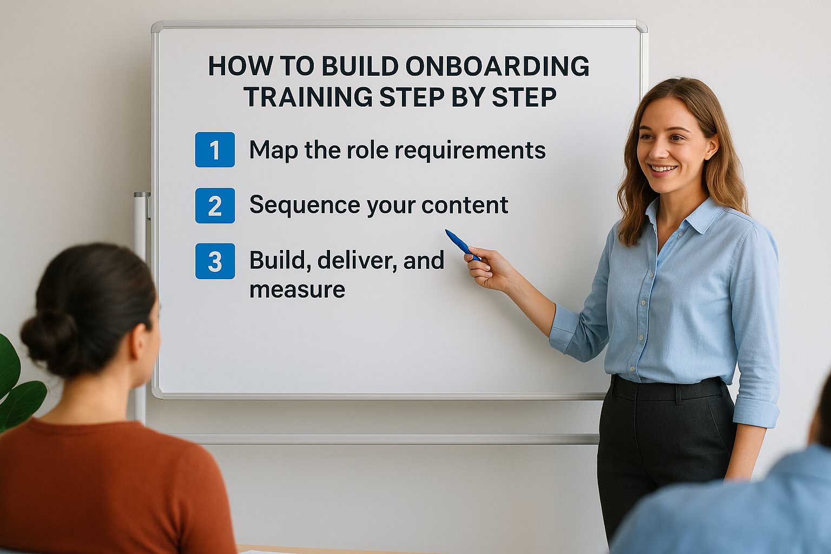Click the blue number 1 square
(x=215, y=150)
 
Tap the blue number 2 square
(x=215, y=206)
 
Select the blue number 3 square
(x=215, y=261)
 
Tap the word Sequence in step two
(x=305, y=206)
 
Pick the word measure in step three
(x=297, y=290)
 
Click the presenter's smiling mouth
(x=663, y=169)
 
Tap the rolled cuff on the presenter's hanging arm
(x=756, y=412)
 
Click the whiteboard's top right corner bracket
(x=641, y=27)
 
